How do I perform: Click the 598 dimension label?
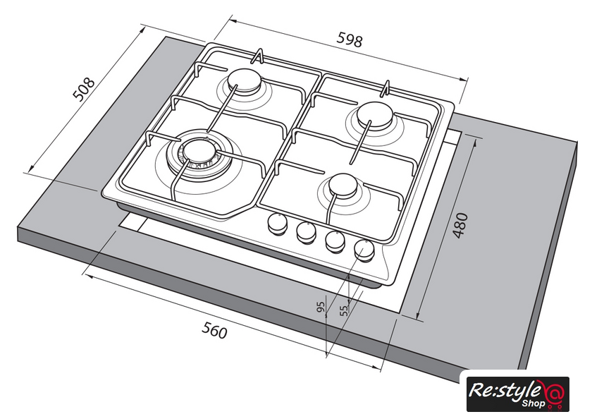coord(350,40)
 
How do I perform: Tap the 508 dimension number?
coord(83,90)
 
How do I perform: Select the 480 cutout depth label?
coord(460,226)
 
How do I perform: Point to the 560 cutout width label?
coord(214,330)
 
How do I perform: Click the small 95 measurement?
coord(321,307)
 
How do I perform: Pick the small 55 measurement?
coord(344,310)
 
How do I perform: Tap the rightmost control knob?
coord(364,250)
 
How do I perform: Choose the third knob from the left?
coord(335,241)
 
